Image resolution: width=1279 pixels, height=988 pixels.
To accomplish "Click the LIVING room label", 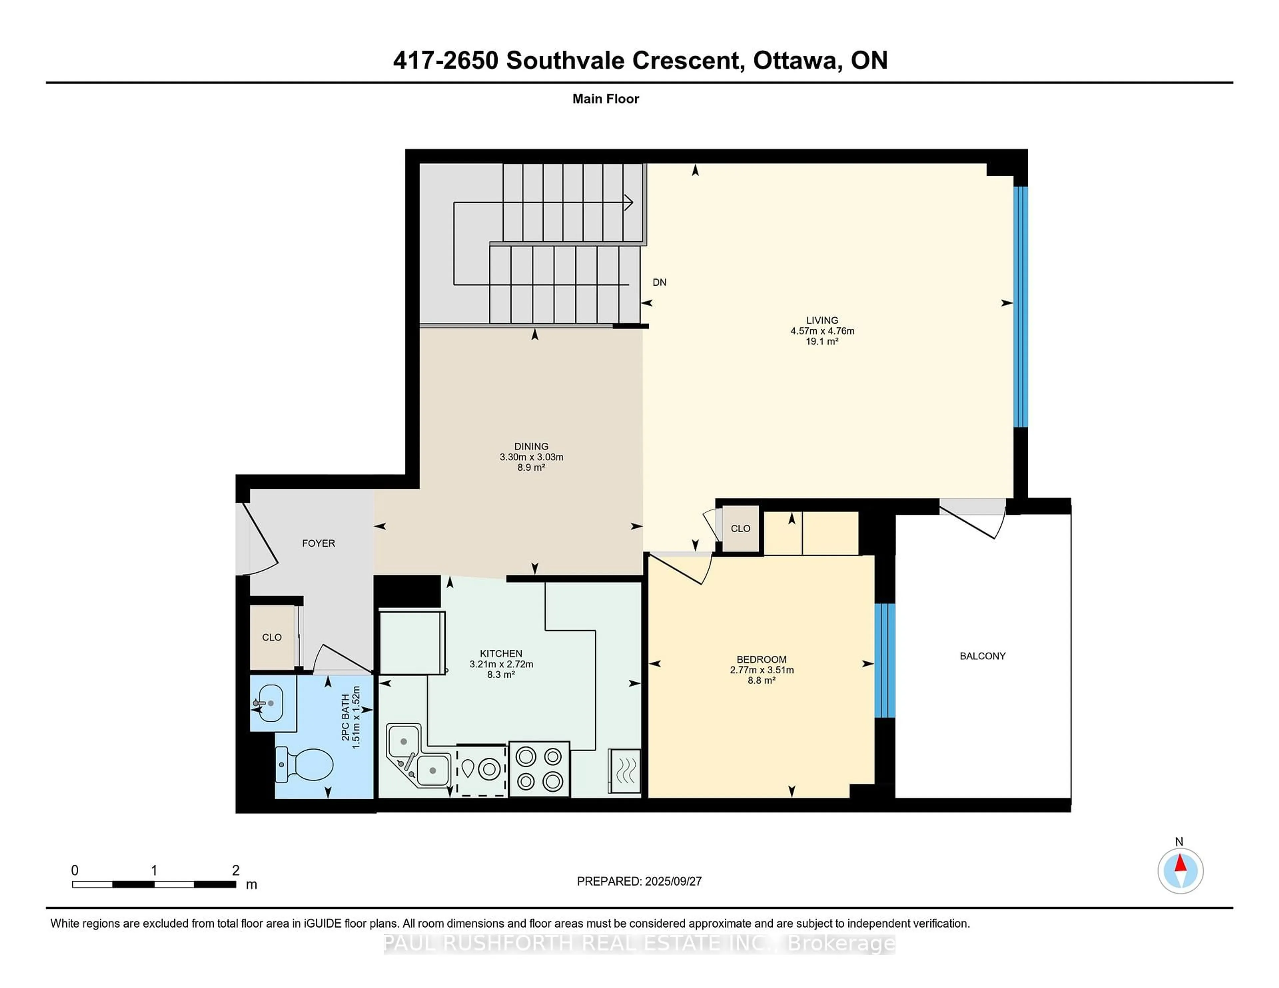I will click(822, 320).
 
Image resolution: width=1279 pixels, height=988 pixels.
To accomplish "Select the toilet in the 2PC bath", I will click(306, 764).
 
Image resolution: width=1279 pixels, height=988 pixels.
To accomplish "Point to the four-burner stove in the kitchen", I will click(539, 769).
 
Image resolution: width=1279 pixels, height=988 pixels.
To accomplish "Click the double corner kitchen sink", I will click(417, 755).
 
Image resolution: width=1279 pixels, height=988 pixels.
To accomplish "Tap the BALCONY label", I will click(982, 656).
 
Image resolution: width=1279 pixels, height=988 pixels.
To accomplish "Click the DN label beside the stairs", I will click(659, 282).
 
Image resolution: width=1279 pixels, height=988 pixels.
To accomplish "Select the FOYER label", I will click(318, 543).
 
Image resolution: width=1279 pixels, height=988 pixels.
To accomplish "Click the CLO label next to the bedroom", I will click(740, 529).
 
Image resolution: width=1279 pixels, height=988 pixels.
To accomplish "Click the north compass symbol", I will click(1180, 870).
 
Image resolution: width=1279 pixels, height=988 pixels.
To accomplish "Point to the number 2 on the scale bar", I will click(235, 870).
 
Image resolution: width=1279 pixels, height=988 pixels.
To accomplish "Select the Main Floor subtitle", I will click(606, 99).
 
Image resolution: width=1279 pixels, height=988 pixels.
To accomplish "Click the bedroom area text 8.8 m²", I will click(761, 680).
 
